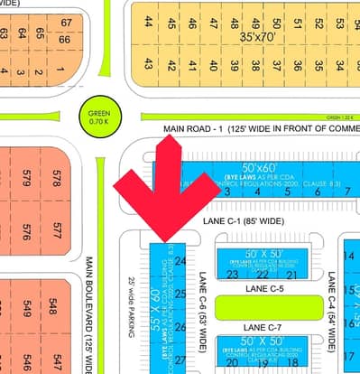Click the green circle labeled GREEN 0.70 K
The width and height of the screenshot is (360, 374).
click(x=97, y=116)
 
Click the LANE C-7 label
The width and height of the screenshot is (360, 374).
click(x=263, y=326)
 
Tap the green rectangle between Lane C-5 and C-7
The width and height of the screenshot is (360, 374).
click(x=267, y=307)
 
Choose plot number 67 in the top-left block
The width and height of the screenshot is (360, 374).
click(x=66, y=23)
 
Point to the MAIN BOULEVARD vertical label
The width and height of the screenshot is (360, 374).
click(x=91, y=312)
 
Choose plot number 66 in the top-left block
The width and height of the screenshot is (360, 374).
click(x=64, y=40)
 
